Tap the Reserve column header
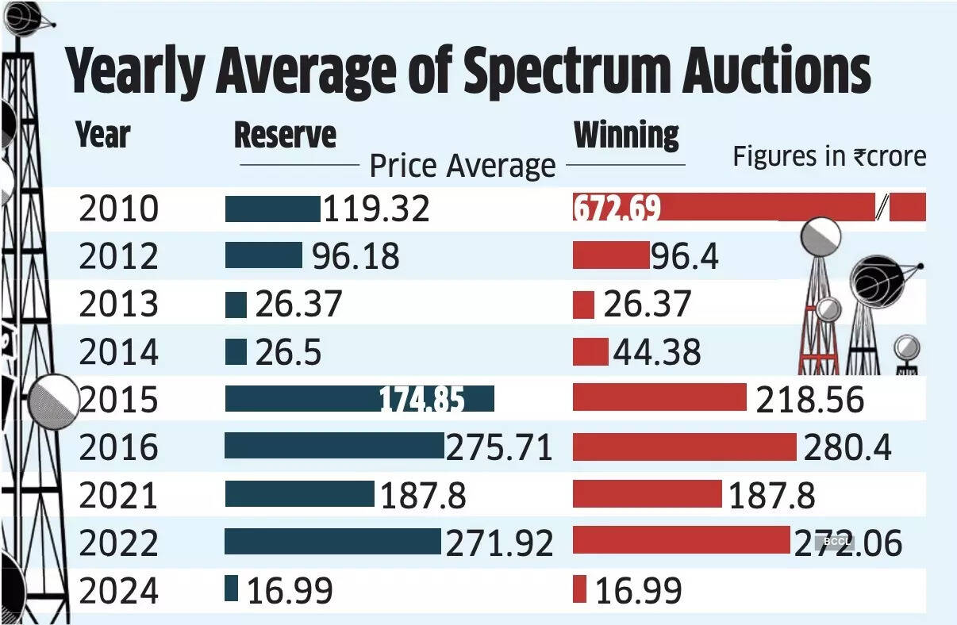click(285, 136)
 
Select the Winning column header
click(626, 136)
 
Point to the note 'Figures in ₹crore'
click(828, 156)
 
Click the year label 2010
click(119, 209)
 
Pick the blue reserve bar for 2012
click(263, 255)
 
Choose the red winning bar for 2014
click(590, 351)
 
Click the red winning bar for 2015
click(659, 398)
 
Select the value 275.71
click(499, 447)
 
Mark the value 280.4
click(847, 447)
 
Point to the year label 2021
click(119, 496)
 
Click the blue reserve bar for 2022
click(332, 542)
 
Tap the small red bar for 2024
click(579, 589)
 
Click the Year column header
click(103, 136)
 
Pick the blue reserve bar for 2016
click(334, 446)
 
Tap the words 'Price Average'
click(463, 167)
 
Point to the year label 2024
click(119, 591)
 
